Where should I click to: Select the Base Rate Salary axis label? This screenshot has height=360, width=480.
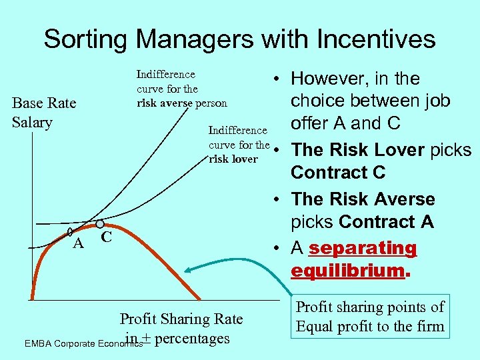44,113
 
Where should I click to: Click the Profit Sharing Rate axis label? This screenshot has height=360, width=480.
181,319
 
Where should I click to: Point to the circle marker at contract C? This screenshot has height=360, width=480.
99,225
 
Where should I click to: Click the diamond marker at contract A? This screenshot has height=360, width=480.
71,233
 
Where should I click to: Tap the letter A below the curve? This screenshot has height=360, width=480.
78,244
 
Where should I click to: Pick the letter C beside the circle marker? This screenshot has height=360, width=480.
107,237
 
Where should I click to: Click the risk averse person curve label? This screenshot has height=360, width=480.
181,89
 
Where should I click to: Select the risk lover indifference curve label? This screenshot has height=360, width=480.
239,145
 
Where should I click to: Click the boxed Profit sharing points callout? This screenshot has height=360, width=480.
369,317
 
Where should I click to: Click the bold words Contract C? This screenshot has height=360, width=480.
338,173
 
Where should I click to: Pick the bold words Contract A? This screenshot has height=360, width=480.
387,221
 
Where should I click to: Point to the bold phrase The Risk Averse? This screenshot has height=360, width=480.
363,199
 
